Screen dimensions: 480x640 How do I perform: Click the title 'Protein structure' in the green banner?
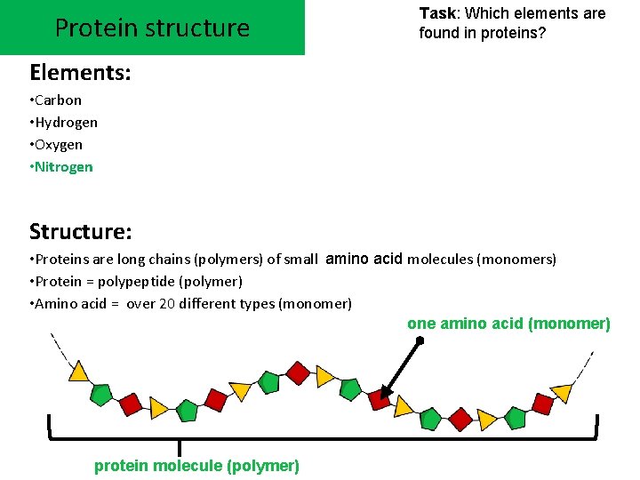pos(152,28)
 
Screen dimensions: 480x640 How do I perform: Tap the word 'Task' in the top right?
pos(437,13)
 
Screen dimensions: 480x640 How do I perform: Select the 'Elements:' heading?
pos(80,72)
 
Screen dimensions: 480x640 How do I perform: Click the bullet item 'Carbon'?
pos(58,100)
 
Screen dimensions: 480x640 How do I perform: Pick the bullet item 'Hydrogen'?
pos(66,122)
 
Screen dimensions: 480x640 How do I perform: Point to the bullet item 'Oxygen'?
pos(59,144)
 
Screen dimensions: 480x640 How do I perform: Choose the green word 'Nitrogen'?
pos(64,166)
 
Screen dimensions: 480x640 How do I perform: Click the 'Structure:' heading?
pos(81,232)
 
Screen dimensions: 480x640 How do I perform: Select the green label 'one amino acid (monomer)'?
pos(508,324)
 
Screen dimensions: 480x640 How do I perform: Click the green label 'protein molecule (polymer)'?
pos(196,466)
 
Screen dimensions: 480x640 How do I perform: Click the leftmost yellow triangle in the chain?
pos(78,372)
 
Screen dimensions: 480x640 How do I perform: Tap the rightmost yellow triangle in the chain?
pos(562,391)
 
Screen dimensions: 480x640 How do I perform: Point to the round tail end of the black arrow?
pos(420,339)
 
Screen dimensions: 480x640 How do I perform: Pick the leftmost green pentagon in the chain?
pos(101,392)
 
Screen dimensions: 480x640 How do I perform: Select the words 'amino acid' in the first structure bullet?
pos(364,259)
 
